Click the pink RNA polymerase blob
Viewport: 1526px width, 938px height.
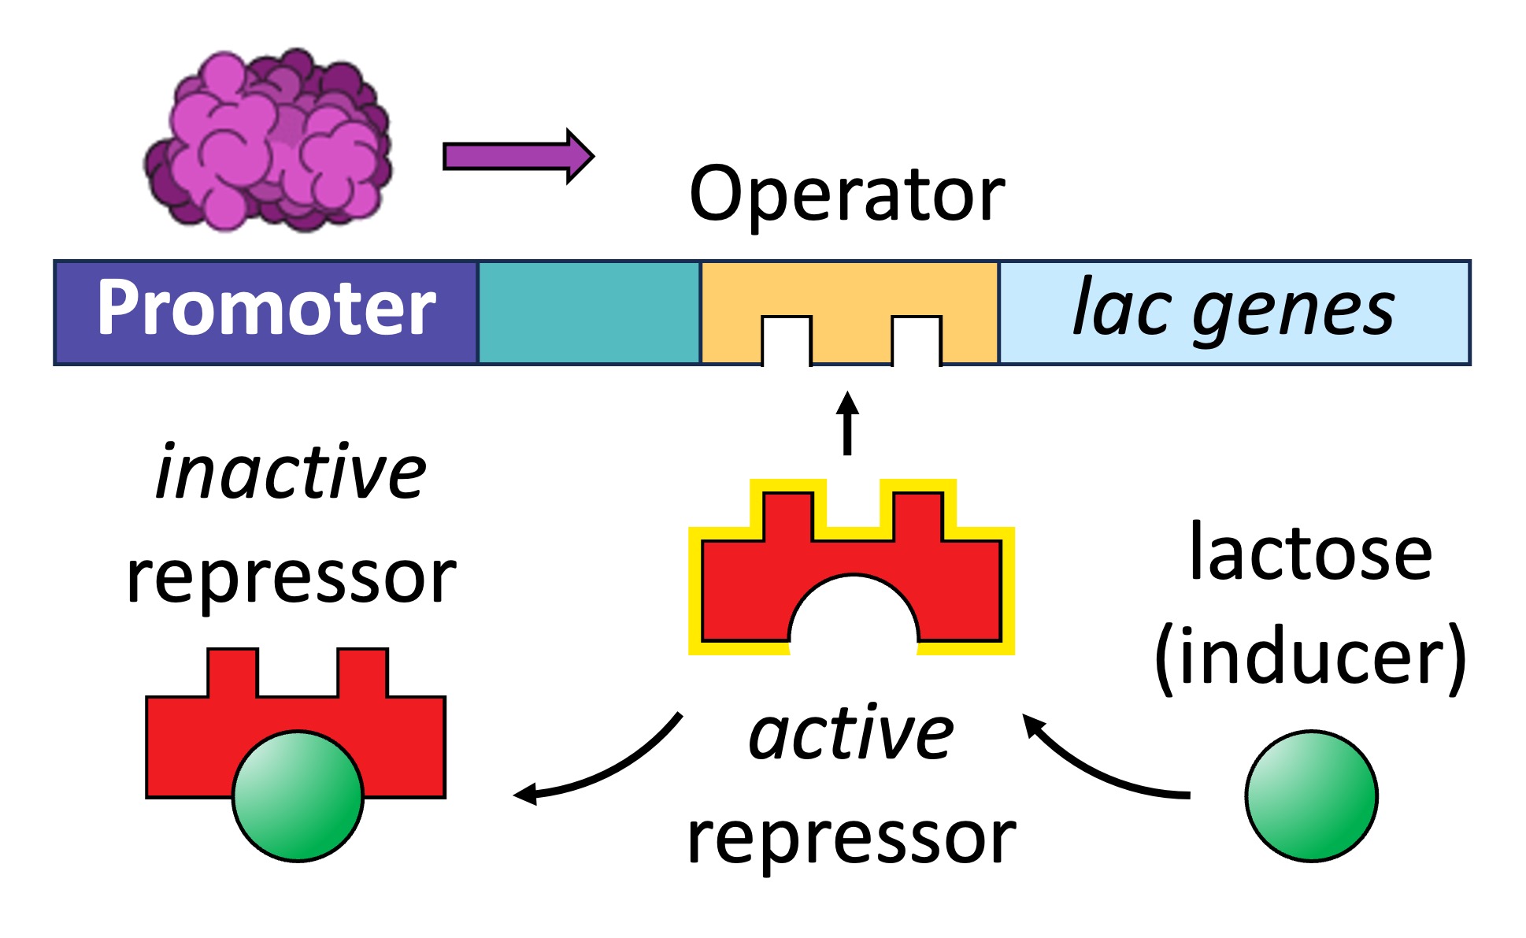point(268,142)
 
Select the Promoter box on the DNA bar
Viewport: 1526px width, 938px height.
point(265,312)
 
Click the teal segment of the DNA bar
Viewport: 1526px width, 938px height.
point(589,312)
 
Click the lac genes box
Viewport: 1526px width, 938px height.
point(1233,312)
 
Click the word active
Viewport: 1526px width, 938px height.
point(851,734)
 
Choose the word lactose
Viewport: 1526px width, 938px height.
point(1310,553)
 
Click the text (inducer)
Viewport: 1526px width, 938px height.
point(1310,657)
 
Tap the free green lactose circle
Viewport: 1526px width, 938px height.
point(1311,795)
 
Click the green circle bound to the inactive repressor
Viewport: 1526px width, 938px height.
point(298,795)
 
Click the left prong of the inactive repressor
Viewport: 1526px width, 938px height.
point(232,674)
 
